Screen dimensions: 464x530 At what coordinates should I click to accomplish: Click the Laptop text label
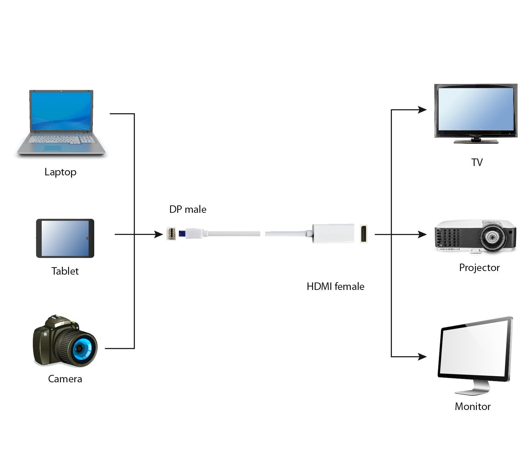coord(60,172)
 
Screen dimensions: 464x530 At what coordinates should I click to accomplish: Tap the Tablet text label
coord(65,271)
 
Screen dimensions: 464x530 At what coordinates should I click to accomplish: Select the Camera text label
coord(65,379)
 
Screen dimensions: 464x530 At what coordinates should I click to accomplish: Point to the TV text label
coord(477,162)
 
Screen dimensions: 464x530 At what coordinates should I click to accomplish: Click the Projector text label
coord(479,267)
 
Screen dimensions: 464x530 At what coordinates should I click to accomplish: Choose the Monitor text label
coord(472,406)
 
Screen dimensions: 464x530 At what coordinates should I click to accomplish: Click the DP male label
coord(188,209)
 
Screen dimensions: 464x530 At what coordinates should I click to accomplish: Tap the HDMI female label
coord(336,286)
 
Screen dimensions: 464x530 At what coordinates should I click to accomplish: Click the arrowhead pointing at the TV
coord(423,110)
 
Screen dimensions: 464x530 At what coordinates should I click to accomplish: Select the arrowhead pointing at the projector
coord(423,234)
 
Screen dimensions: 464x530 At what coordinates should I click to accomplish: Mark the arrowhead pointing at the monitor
coord(423,357)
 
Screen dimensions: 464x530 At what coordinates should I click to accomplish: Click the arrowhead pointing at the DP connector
coord(159,234)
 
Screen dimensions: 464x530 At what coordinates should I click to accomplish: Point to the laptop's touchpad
coord(52,148)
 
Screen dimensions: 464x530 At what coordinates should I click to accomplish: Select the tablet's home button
coord(87,238)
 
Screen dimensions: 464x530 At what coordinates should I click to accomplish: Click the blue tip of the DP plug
coord(182,233)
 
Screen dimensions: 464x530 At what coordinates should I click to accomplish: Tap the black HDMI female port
coord(364,233)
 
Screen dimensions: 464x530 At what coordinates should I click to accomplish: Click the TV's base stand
coord(476,141)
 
